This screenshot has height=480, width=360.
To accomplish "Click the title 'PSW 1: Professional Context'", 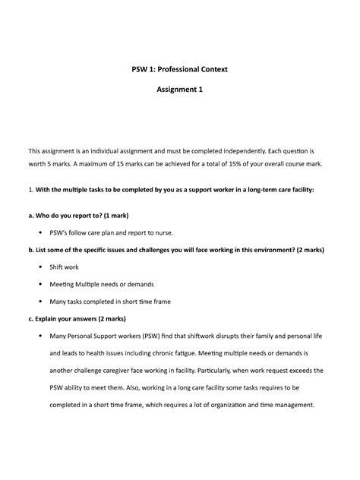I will pos(180,69).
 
